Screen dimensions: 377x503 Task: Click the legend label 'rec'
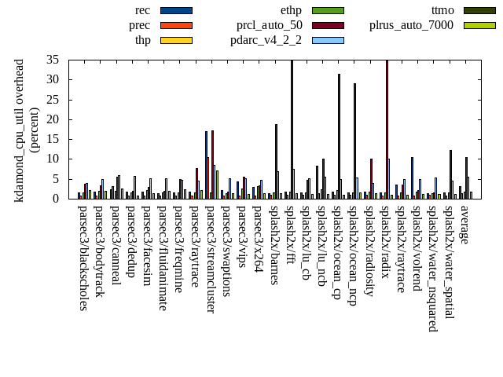pyautogui.click(x=143, y=10)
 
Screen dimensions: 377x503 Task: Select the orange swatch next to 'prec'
pyautogui.click(x=175, y=25)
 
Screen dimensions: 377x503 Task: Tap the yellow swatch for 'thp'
pyautogui.click(x=175, y=40)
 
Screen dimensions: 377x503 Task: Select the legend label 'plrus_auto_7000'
pyautogui.click(x=411, y=25)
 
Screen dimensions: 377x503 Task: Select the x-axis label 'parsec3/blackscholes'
pyautogui.click(x=83, y=258)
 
